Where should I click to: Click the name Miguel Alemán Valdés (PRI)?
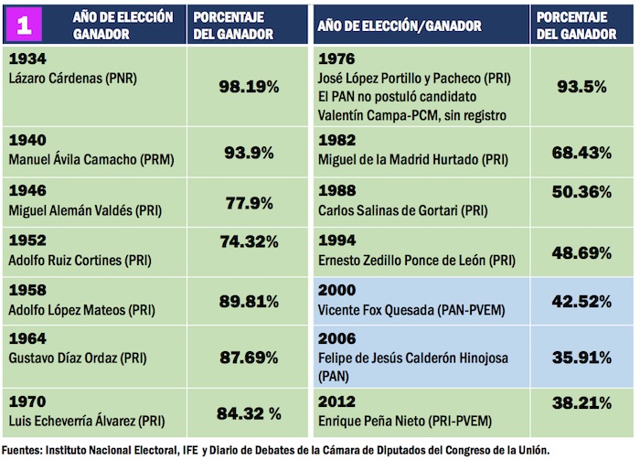point(87,210)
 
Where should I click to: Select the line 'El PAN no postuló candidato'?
point(396,96)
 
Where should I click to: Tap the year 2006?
point(336,338)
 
